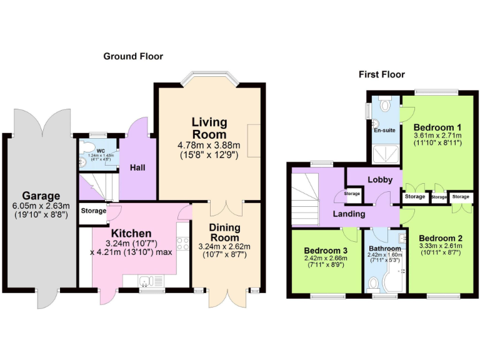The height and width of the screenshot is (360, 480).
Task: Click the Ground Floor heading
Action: (x=133, y=56)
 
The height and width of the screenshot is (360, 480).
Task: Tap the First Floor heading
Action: (x=381, y=74)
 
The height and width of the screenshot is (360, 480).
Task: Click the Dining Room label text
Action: (x=224, y=232)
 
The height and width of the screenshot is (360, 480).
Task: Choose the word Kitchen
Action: (x=131, y=233)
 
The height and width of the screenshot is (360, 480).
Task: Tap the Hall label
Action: (x=137, y=167)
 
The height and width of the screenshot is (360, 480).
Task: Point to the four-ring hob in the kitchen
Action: (x=184, y=242)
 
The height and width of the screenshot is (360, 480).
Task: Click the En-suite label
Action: (x=384, y=131)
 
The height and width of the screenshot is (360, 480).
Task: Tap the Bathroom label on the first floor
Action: (x=385, y=249)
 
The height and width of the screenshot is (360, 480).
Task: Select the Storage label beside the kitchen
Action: (x=93, y=211)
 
